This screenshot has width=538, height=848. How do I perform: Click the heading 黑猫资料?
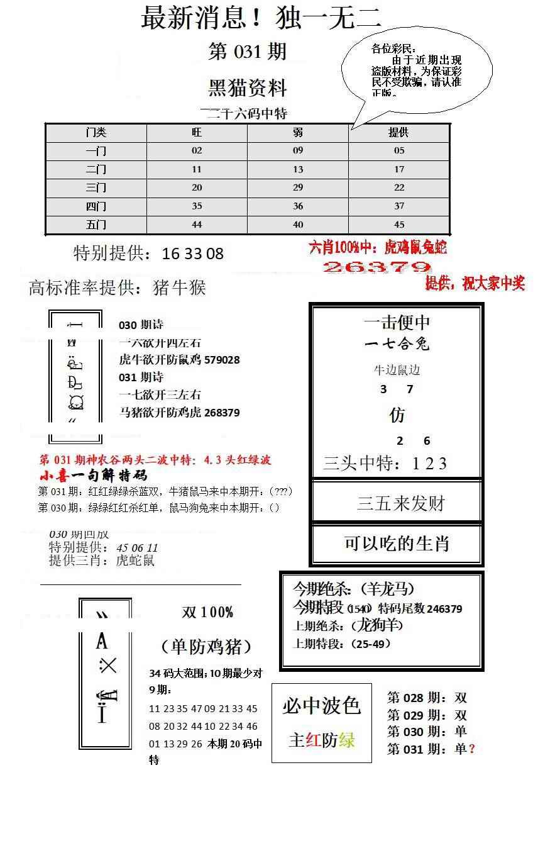tap(247, 88)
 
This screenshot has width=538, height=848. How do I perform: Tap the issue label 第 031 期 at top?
tap(247, 52)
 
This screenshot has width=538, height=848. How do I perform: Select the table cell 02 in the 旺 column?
tap(197, 151)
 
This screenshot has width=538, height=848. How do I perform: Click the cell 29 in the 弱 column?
tap(298, 187)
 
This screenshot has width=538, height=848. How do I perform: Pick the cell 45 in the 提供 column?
tap(399, 225)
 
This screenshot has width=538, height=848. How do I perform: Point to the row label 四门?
tap(96, 206)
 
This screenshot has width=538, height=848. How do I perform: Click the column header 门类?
tap(96, 133)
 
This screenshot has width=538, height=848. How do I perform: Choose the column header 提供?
tap(399, 133)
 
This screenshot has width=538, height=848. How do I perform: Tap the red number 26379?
tap(376, 267)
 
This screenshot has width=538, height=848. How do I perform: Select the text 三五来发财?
tap(401, 503)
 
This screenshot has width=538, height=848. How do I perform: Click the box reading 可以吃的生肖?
tap(397, 544)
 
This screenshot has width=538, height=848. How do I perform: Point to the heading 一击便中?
tap(397, 323)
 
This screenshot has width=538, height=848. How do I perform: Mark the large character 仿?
tap(397, 415)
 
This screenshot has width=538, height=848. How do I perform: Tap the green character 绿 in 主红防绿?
tap(346, 740)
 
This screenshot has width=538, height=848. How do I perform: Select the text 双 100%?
tap(207, 612)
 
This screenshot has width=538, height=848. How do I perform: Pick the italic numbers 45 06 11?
tap(137, 548)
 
